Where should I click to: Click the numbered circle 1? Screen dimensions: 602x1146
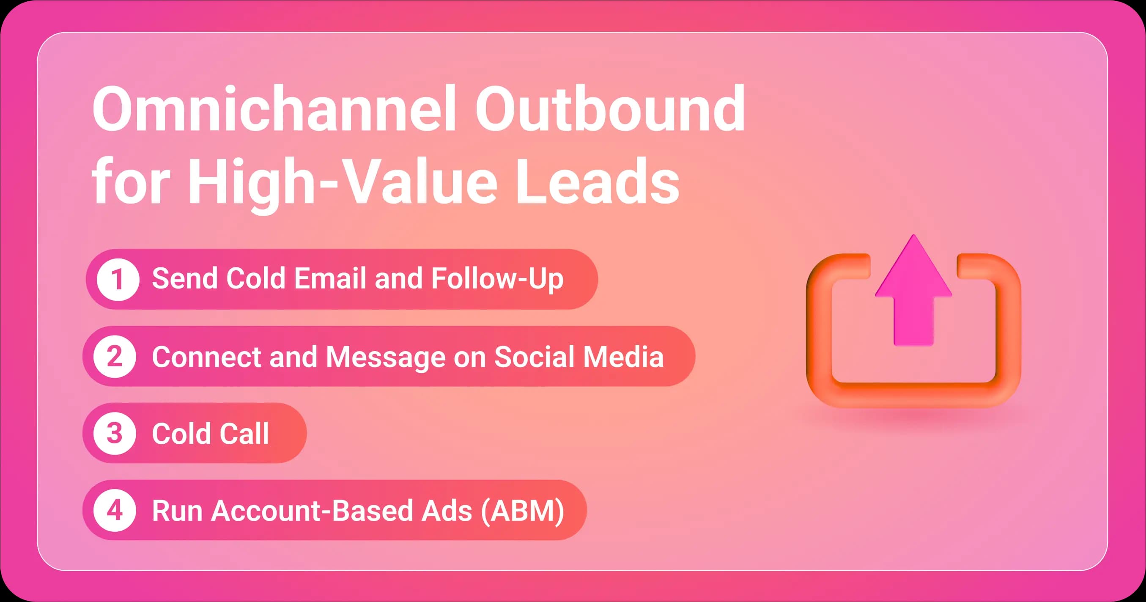point(118,279)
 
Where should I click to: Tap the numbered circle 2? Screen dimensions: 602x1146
point(115,357)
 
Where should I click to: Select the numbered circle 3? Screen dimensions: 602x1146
point(115,433)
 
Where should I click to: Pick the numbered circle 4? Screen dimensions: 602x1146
point(115,510)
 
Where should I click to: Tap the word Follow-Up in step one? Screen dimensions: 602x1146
point(497,279)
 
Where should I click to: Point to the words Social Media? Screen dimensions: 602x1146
point(578,357)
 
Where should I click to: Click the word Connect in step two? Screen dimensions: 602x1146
point(206,357)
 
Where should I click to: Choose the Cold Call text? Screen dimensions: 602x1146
point(211,433)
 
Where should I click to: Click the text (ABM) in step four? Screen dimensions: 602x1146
point(522,510)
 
